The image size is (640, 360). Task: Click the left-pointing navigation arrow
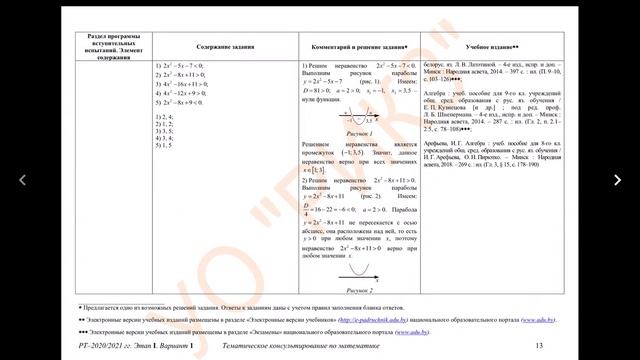[23, 180]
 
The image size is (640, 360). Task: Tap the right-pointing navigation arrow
[618, 180]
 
